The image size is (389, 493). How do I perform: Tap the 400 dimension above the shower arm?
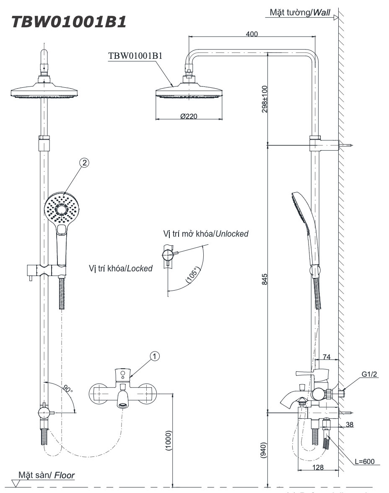252,34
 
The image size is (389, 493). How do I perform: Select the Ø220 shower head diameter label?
189,116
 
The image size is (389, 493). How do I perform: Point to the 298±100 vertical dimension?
263,101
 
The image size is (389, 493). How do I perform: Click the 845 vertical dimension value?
264,279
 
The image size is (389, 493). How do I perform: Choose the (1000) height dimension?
169,440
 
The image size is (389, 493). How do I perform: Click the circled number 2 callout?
84,163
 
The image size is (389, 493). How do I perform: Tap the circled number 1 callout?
155,356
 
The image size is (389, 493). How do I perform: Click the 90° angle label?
67,389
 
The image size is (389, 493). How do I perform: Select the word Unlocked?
231,233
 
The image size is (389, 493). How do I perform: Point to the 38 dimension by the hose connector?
349,425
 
